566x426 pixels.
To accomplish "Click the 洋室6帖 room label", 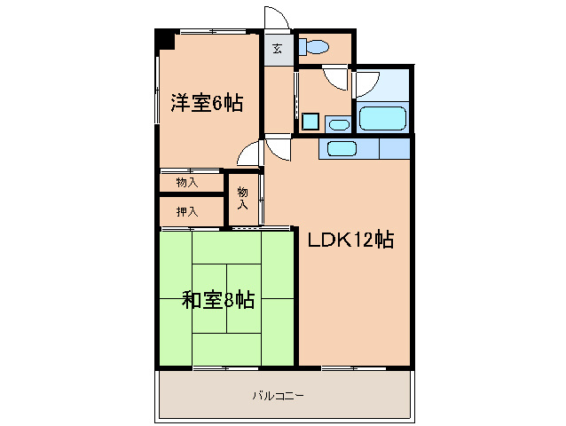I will [x=207, y=103].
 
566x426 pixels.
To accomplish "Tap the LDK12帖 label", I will [x=350, y=240].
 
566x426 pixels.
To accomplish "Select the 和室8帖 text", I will [x=218, y=300].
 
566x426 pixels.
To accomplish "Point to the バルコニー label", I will [x=278, y=395].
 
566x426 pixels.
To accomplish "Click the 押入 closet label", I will [x=187, y=211].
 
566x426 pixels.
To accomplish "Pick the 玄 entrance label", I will [x=278, y=49].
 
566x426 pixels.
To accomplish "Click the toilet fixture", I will [x=314, y=47].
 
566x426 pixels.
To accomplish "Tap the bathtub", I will [x=382, y=119].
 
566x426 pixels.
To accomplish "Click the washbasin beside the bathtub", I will [x=337, y=122].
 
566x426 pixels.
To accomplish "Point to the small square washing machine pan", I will [x=310, y=122].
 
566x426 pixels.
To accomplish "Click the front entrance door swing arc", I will [x=276, y=20].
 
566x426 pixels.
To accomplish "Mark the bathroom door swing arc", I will [x=363, y=84].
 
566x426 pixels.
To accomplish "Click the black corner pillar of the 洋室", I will [x=164, y=40].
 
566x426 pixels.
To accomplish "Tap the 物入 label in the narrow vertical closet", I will [x=241, y=197].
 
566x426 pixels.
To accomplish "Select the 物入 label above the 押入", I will [x=187, y=183].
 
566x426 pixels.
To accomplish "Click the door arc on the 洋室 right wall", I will [x=250, y=153].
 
